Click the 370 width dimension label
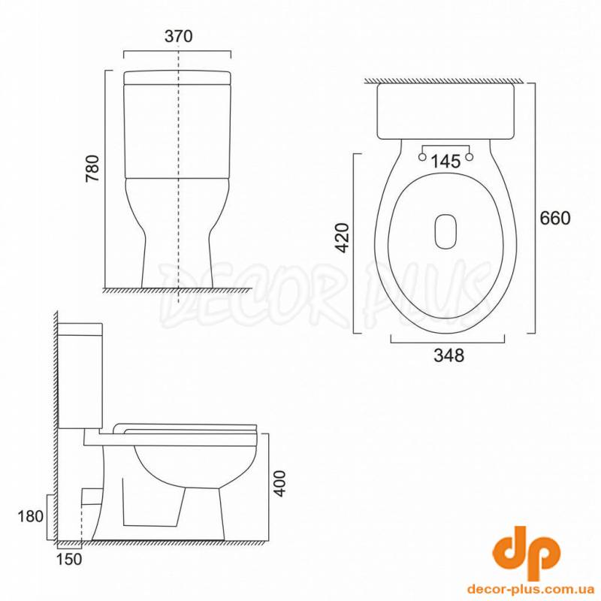(178, 36)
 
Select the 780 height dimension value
(92, 168)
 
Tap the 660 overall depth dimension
(555, 218)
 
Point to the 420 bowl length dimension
(343, 237)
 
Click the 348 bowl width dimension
(448, 355)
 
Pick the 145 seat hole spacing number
(445, 162)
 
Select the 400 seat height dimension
(281, 483)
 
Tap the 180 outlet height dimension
(31, 517)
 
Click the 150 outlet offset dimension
(69, 559)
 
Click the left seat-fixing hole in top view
(422, 157)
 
